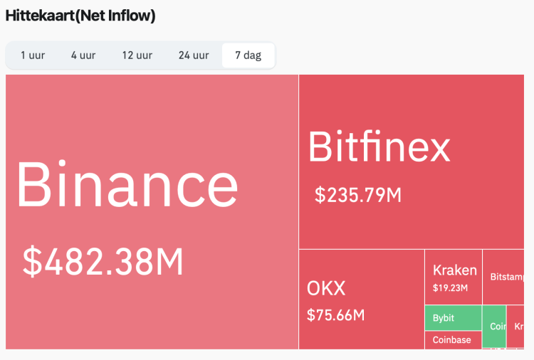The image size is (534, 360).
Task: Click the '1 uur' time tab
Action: pyautogui.click(x=33, y=55)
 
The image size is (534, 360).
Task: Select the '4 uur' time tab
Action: pyautogui.click(x=83, y=55)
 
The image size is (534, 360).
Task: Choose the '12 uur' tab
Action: pyautogui.click(x=137, y=55)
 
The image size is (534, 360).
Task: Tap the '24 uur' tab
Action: pyautogui.click(x=194, y=55)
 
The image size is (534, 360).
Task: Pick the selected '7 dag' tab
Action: pyautogui.click(x=248, y=55)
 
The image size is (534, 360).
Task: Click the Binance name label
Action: pyautogui.click(x=127, y=184)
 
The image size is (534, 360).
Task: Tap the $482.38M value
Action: pyautogui.click(x=103, y=261)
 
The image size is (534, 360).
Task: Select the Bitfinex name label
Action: pyautogui.click(x=379, y=147)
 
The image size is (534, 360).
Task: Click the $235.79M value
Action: pyautogui.click(x=357, y=194)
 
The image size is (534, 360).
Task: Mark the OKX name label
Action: pyautogui.click(x=326, y=288)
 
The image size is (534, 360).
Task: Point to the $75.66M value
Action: pyautogui.click(x=335, y=314)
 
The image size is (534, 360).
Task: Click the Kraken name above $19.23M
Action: pyautogui.click(x=454, y=270)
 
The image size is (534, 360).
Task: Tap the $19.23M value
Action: pyautogui.click(x=450, y=288)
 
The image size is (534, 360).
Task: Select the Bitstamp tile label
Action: pyautogui.click(x=507, y=277)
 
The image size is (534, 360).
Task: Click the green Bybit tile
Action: pyautogui.click(x=453, y=318)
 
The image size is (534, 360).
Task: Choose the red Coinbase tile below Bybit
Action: pyautogui.click(x=453, y=340)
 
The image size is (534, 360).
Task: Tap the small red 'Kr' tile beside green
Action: pyautogui.click(x=518, y=327)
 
